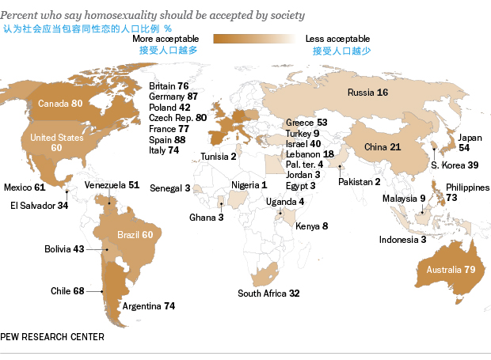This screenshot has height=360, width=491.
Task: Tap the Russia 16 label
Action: pyautogui.click(x=367, y=93)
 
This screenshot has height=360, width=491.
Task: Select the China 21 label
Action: pyautogui.click(x=383, y=147)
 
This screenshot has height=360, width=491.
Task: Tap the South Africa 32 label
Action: pyautogui.click(x=268, y=294)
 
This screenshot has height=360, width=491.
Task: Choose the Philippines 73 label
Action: pyautogui.click(x=467, y=192)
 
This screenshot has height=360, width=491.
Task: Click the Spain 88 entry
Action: pyautogui.click(x=168, y=140)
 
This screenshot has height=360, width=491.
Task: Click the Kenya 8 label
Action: pyautogui.click(x=311, y=226)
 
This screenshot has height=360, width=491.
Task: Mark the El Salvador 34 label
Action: pyautogui.click(x=39, y=205)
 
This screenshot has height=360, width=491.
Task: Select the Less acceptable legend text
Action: pyautogui.click(x=337, y=38)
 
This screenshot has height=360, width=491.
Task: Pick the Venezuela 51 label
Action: pyautogui.click(x=112, y=185)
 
